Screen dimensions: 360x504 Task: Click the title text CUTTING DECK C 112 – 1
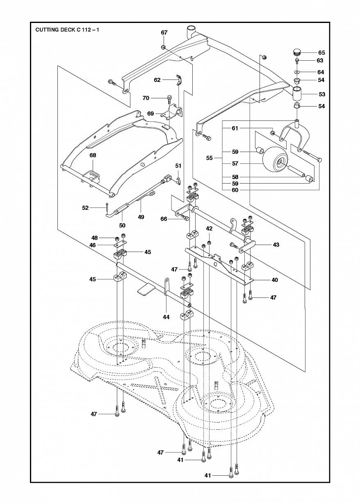coord(67,30)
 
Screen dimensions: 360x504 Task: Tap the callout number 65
coord(321,52)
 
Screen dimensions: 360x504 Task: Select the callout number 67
coord(164,33)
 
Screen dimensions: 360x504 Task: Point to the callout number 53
coord(322,94)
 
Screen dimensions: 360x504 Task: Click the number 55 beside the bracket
coord(209,158)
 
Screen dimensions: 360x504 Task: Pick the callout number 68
coord(93,155)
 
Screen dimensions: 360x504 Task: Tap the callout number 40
coord(275,280)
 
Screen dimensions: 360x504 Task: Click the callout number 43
coord(276,245)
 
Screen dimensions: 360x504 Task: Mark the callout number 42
coord(209,229)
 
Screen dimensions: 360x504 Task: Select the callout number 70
coord(146,98)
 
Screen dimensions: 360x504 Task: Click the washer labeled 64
coord(297,72)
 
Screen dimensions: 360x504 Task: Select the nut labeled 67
coord(164,47)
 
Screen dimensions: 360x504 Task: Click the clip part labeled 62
coord(179,80)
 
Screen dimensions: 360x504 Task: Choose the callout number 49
coord(141,217)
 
